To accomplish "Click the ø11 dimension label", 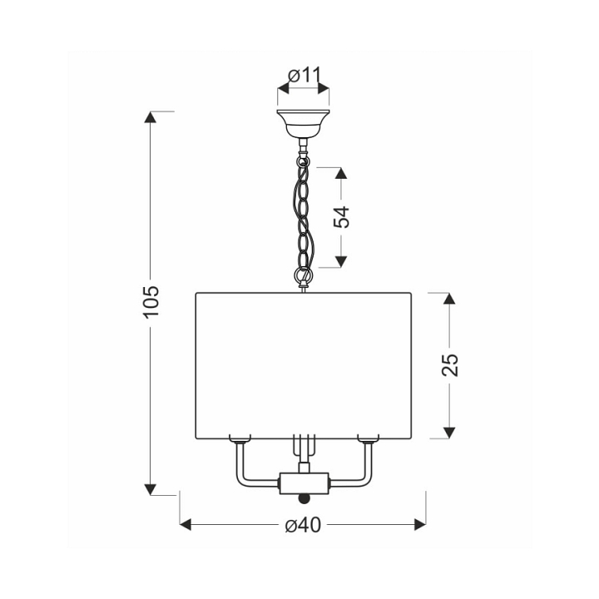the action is click(x=304, y=76).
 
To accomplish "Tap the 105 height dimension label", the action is click(x=151, y=301).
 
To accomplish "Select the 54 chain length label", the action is click(x=341, y=217).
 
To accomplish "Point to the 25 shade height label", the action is click(x=449, y=365).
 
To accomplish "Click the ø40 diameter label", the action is click(x=303, y=525).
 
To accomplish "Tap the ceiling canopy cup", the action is click(x=303, y=124).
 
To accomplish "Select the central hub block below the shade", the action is click(x=304, y=483).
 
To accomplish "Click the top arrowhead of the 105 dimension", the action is click(x=150, y=117).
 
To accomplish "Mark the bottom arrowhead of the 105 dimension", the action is click(x=150, y=489).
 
